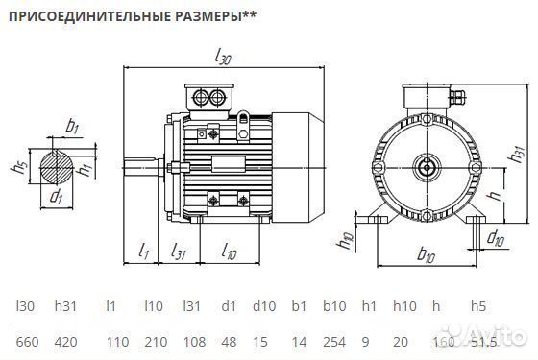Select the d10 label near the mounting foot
click(x=495, y=236)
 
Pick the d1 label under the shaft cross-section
click(x=56, y=199)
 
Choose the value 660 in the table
click(x=29, y=340)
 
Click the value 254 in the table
click(x=333, y=340)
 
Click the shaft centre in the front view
click(x=425, y=169)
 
